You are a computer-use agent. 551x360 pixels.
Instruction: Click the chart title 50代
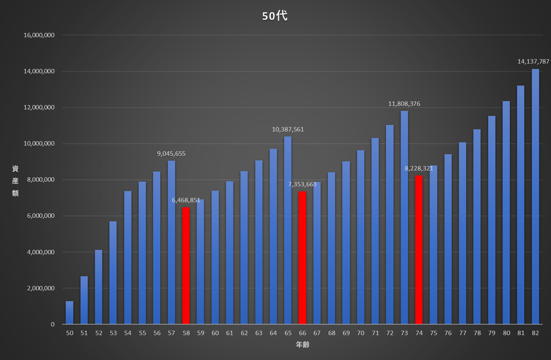click(x=275, y=16)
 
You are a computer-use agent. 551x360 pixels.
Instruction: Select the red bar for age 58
click(x=186, y=265)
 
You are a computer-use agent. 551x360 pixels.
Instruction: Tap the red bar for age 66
click(x=302, y=258)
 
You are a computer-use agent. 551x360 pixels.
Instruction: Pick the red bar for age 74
click(x=419, y=250)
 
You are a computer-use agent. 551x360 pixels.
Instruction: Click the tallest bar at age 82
click(x=535, y=196)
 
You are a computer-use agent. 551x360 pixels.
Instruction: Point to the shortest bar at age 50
click(x=69, y=313)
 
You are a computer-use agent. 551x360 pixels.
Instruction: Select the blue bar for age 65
click(x=288, y=230)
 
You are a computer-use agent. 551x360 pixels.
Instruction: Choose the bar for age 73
click(x=405, y=217)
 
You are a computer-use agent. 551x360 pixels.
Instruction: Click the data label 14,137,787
click(x=533, y=61)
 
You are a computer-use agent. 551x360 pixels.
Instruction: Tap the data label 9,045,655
click(x=171, y=154)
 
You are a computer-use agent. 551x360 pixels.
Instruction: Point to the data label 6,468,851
click(x=186, y=200)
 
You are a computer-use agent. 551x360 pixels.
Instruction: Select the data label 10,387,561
click(x=288, y=129)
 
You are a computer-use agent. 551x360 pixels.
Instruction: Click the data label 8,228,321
click(x=419, y=168)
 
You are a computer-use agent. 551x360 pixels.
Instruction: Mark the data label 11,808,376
click(x=404, y=104)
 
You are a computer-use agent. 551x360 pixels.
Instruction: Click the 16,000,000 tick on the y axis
click(x=39, y=35)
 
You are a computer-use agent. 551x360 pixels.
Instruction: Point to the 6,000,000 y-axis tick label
click(x=41, y=216)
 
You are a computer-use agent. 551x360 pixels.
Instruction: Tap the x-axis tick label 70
click(x=361, y=333)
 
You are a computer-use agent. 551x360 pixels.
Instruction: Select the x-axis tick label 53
click(x=113, y=333)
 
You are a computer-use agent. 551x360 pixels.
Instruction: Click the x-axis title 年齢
click(x=302, y=345)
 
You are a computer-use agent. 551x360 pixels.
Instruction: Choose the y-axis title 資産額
click(x=15, y=181)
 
